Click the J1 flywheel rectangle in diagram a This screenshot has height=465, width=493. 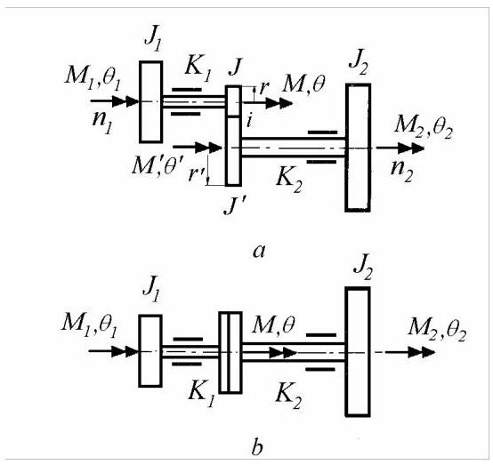click(x=151, y=101)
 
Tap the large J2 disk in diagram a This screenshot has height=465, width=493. click(x=358, y=148)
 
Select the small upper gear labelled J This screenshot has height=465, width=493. click(x=234, y=101)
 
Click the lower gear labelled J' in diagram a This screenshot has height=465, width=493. click(x=234, y=151)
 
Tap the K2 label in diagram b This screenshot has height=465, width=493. click(x=288, y=397)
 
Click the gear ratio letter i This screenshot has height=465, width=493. click(x=249, y=120)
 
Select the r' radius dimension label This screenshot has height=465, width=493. click(x=197, y=173)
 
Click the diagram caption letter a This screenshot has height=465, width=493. click(x=259, y=252)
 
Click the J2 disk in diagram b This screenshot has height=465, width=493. click(x=358, y=351)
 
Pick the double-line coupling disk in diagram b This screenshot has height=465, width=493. click(x=230, y=352)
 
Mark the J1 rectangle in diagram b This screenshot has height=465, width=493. click(x=150, y=350)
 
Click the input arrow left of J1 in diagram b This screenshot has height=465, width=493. click(x=114, y=351)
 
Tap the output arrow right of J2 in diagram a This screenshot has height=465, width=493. click(x=400, y=148)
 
